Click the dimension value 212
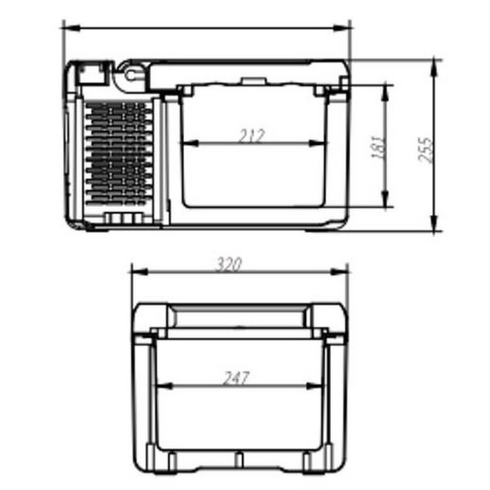(251, 136)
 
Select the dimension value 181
(378, 147)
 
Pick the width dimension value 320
(229, 264)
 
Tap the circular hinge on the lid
(130, 72)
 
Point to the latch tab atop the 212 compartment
(250, 81)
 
